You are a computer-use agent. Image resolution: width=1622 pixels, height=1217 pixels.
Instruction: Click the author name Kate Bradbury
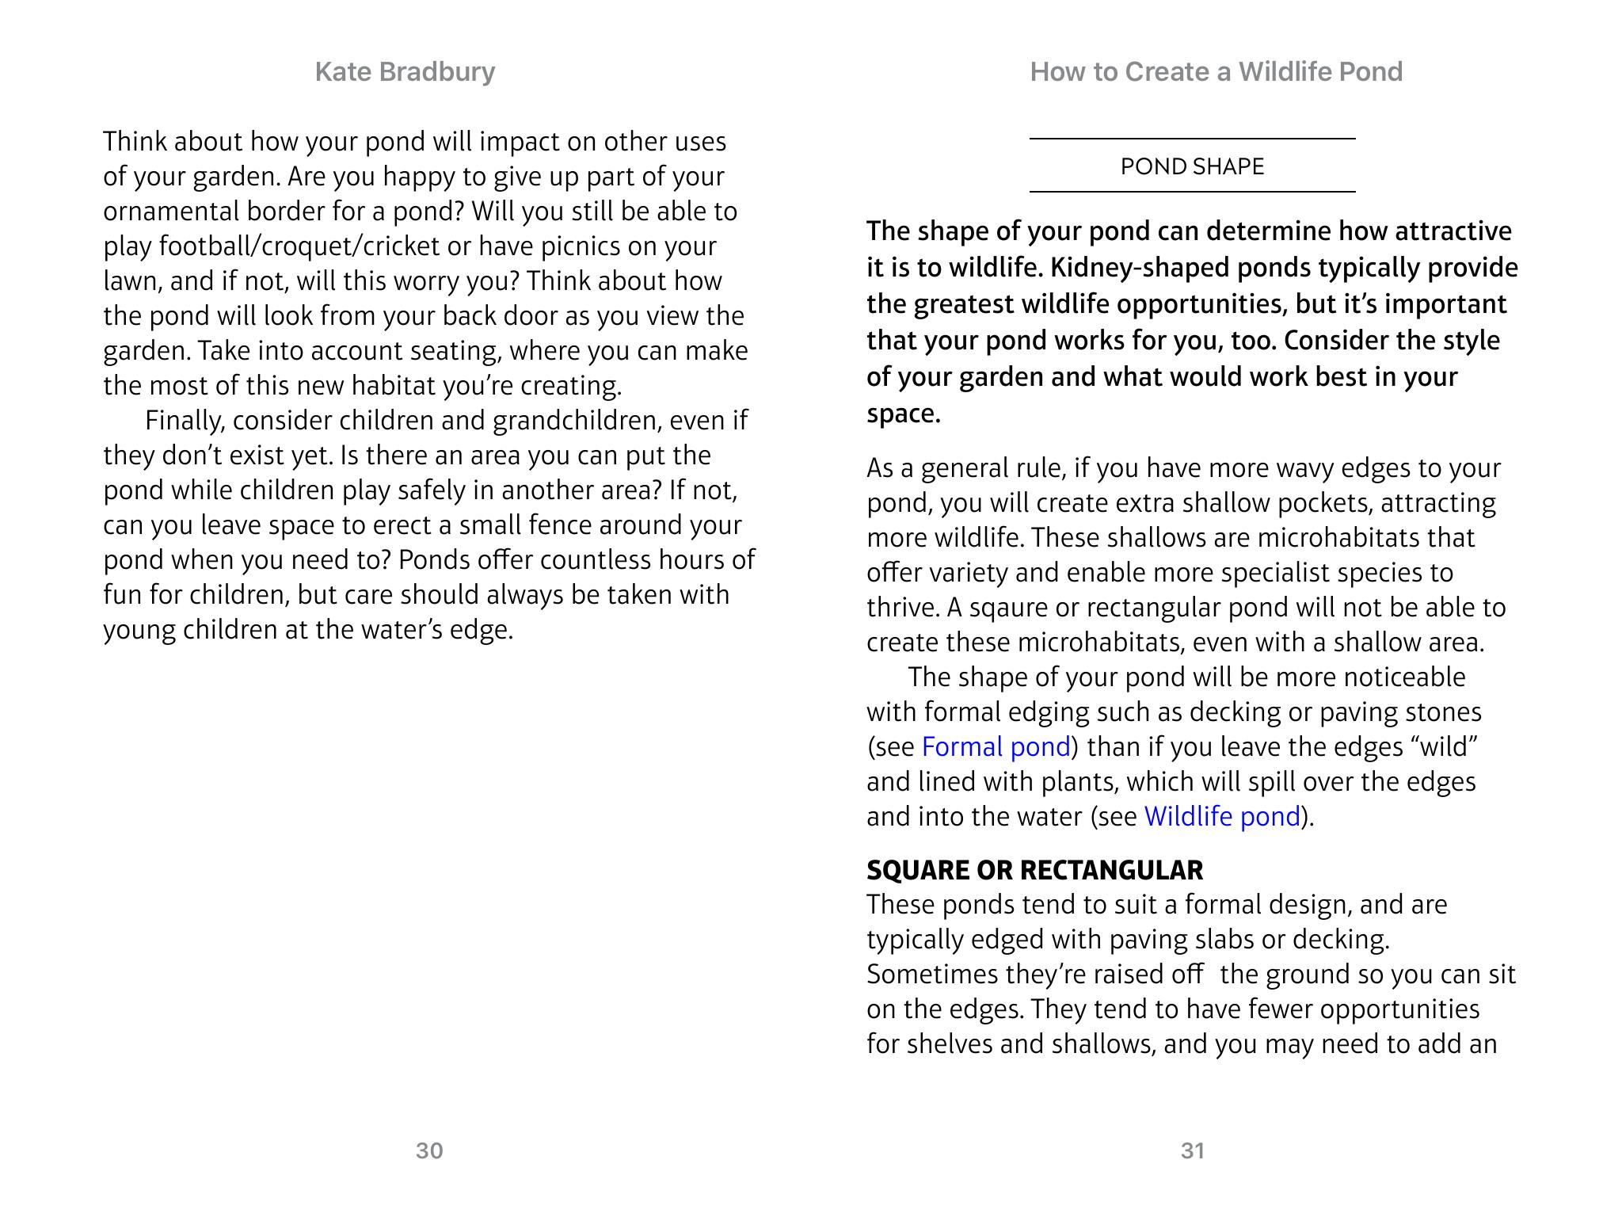click(405, 72)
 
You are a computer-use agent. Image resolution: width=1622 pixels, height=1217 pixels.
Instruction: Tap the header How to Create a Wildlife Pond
click(1216, 72)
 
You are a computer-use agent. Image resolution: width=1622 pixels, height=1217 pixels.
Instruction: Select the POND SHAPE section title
click(1192, 166)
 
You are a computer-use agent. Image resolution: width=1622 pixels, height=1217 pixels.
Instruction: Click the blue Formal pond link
click(996, 746)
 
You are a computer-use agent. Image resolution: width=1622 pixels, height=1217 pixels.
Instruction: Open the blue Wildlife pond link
click(1222, 816)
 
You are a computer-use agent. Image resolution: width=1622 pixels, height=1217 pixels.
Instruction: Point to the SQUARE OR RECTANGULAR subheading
click(1034, 870)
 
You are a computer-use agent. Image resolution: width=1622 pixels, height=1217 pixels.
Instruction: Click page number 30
click(429, 1150)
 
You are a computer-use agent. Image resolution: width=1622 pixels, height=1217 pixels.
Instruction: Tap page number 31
click(1193, 1150)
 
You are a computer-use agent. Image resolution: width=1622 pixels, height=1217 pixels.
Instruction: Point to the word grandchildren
click(576, 421)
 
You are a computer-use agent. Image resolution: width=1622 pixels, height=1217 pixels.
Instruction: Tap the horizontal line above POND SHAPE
click(1192, 139)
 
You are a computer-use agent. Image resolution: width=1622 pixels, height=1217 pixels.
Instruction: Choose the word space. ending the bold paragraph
click(903, 414)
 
